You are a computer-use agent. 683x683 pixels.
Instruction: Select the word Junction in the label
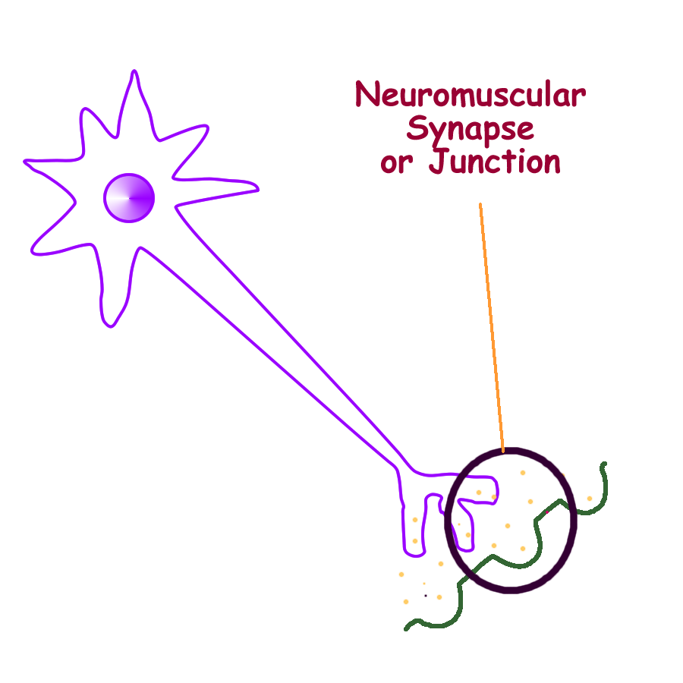[x=495, y=162]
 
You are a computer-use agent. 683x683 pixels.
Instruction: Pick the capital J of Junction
[x=438, y=162]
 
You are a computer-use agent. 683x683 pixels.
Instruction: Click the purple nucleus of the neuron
[x=129, y=198]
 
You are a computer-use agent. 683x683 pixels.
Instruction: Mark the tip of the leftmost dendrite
[x=26, y=161]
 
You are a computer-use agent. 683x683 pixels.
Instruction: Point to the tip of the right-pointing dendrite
[x=257, y=188]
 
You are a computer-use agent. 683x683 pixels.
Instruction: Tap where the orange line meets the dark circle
[x=503, y=452]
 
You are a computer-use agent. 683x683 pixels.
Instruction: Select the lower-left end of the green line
[x=407, y=628]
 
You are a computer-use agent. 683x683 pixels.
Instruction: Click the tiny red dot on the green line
[x=546, y=515]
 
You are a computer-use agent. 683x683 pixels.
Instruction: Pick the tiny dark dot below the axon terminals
[x=426, y=596]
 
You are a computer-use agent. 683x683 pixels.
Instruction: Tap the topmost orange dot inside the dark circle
[x=522, y=473]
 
